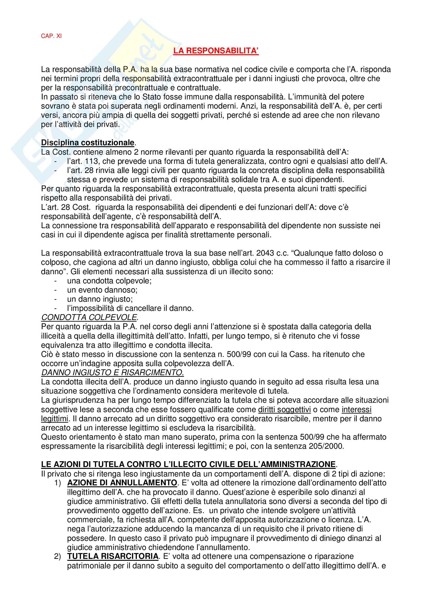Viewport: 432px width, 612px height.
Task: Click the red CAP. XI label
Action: [51, 36]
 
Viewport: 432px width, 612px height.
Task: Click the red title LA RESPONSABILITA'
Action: [216, 51]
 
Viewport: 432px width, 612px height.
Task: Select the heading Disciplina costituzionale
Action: [88, 143]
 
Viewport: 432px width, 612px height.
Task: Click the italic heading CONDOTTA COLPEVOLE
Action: [89, 317]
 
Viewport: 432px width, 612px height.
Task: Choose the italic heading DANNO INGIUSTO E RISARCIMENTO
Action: [112, 372]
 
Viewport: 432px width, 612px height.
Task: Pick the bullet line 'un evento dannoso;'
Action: [102, 290]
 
